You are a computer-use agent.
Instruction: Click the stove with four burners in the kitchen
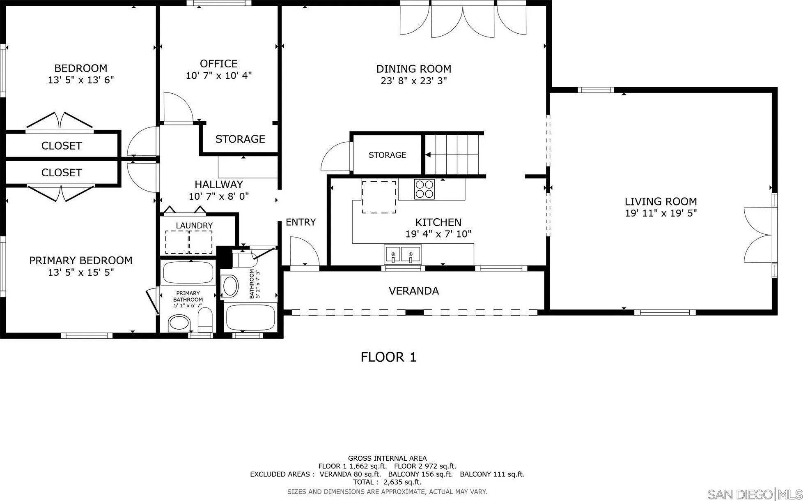click(424, 189)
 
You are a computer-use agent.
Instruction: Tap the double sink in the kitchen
click(402, 254)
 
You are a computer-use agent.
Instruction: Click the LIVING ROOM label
click(661, 201)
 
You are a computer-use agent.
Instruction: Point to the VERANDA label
click(413, 291)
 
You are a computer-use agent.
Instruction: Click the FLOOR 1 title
click(388, 357)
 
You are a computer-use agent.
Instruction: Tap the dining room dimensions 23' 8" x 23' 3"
click(413, 81)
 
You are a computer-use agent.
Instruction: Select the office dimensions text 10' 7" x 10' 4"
click(218, 76)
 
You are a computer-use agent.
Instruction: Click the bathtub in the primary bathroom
click(188, 272)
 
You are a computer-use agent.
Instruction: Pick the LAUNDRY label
click(194, 226)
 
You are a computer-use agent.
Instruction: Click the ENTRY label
click(301, 222)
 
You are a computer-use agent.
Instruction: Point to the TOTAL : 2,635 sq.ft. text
click(387, 482)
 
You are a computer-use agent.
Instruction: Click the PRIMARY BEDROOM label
click(80, 261)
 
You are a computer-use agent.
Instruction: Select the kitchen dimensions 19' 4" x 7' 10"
click(438, 234)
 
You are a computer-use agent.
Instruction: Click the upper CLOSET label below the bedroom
click(62, 146)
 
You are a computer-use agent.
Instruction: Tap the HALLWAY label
click(218, 185)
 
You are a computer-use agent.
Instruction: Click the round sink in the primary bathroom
click(180, 323)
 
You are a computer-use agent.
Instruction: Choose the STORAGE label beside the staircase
click(387, 155)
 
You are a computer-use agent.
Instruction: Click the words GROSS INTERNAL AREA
click(387, 458)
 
